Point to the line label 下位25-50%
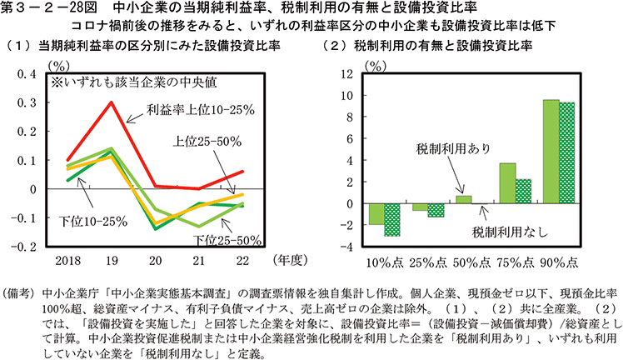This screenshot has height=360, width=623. click(x=227, y=241)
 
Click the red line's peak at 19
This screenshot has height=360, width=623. click(x=112, y=102)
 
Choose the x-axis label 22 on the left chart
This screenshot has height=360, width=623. click(x=241, y=261)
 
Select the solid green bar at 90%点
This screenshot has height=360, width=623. click(x=551, y=152)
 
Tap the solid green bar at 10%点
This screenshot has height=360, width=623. click(x=376, y=214)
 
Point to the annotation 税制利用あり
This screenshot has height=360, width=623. click(x=454, y=147)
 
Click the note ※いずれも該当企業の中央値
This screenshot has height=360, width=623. click(x=126, y=84)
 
